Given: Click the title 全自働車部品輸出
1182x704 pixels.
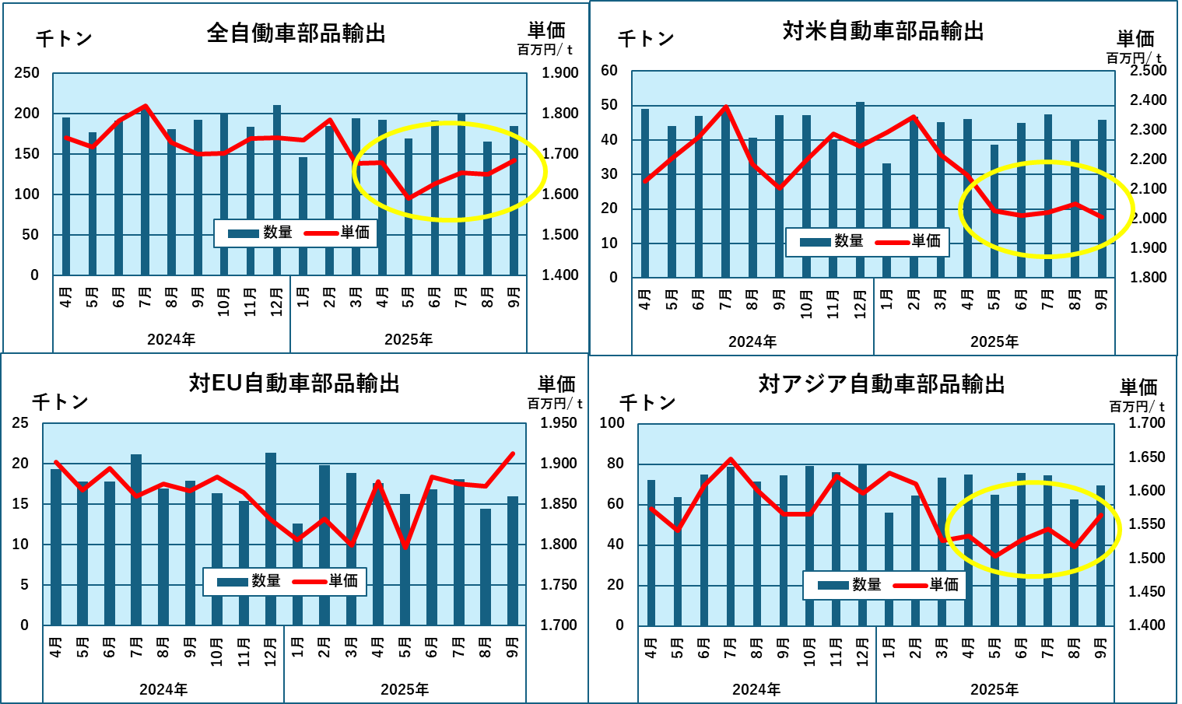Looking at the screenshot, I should (x=296, y=33).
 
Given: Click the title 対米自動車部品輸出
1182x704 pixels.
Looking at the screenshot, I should (x=882, y=31).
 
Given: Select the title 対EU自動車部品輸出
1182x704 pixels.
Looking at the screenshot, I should (x=294, y=383).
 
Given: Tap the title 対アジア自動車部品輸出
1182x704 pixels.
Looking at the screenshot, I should (x=882, y=384).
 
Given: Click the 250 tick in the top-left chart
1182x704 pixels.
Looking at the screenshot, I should (x=26, y=73).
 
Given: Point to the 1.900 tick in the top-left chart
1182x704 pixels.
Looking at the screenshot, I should (x=560, y=73).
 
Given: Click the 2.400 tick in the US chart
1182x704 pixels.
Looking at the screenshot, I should (x=1149, y=100).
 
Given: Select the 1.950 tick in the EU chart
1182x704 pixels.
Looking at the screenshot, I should (x=559, y=423).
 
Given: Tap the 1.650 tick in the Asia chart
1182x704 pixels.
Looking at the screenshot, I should (x=1147, y=457).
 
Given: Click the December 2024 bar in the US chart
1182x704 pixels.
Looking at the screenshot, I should (x=860, y=190).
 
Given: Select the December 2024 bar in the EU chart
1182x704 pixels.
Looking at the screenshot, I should (x=271, y=538).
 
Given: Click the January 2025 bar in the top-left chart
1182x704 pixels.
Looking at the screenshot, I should (x=303, y=216).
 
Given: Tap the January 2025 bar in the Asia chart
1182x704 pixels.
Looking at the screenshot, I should (x=889, y=569).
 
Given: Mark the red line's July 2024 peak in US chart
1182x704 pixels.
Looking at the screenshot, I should (x=725, y=107).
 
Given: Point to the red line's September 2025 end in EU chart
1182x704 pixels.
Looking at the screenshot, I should (x=513, y=454).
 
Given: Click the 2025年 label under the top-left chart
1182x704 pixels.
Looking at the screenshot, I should (x=409, y=340).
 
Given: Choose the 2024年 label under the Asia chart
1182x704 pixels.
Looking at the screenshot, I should (x=756, y=690).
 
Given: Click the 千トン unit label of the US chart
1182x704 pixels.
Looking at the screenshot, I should (x=645, y=39).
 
